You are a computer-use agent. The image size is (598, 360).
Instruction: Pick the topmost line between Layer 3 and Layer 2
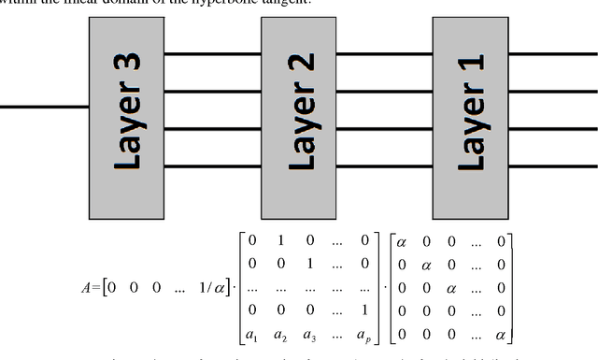(212, 54)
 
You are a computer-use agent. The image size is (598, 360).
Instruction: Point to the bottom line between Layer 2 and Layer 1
(384, 166)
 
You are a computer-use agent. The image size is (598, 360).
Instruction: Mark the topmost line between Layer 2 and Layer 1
(384, 54)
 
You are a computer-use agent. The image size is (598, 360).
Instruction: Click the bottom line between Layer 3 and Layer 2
(212, 166)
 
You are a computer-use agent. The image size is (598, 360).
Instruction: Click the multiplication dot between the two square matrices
(382, 287)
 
